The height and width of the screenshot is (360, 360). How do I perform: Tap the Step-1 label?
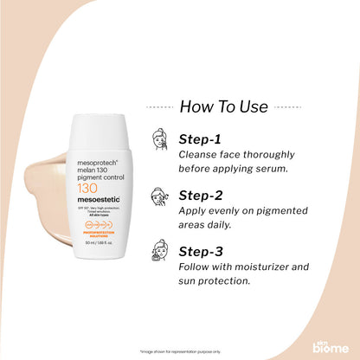201,138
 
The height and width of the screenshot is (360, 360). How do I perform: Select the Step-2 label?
202,195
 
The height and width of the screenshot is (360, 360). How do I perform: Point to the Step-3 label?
202,251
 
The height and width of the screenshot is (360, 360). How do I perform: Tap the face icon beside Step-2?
159,195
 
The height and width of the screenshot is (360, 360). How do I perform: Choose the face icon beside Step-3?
159,252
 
